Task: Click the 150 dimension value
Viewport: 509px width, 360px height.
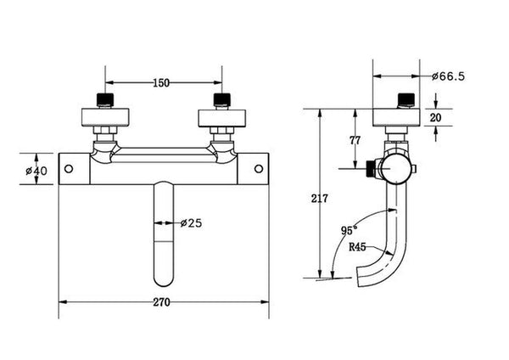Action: [x=161, y=82]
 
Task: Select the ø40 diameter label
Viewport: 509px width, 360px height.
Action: [x=36, y=170]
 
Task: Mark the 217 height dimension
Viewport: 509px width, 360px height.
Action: [x=319, y=199]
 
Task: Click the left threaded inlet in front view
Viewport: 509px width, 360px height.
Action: [x=104, y=99]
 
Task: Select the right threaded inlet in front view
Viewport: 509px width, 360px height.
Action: [x=221, y=99]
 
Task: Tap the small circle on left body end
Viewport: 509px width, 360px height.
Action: [x=70, y=169]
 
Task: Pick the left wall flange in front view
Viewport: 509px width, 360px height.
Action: [x=104, y=116]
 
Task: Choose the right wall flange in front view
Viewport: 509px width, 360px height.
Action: [x=221, y=116]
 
